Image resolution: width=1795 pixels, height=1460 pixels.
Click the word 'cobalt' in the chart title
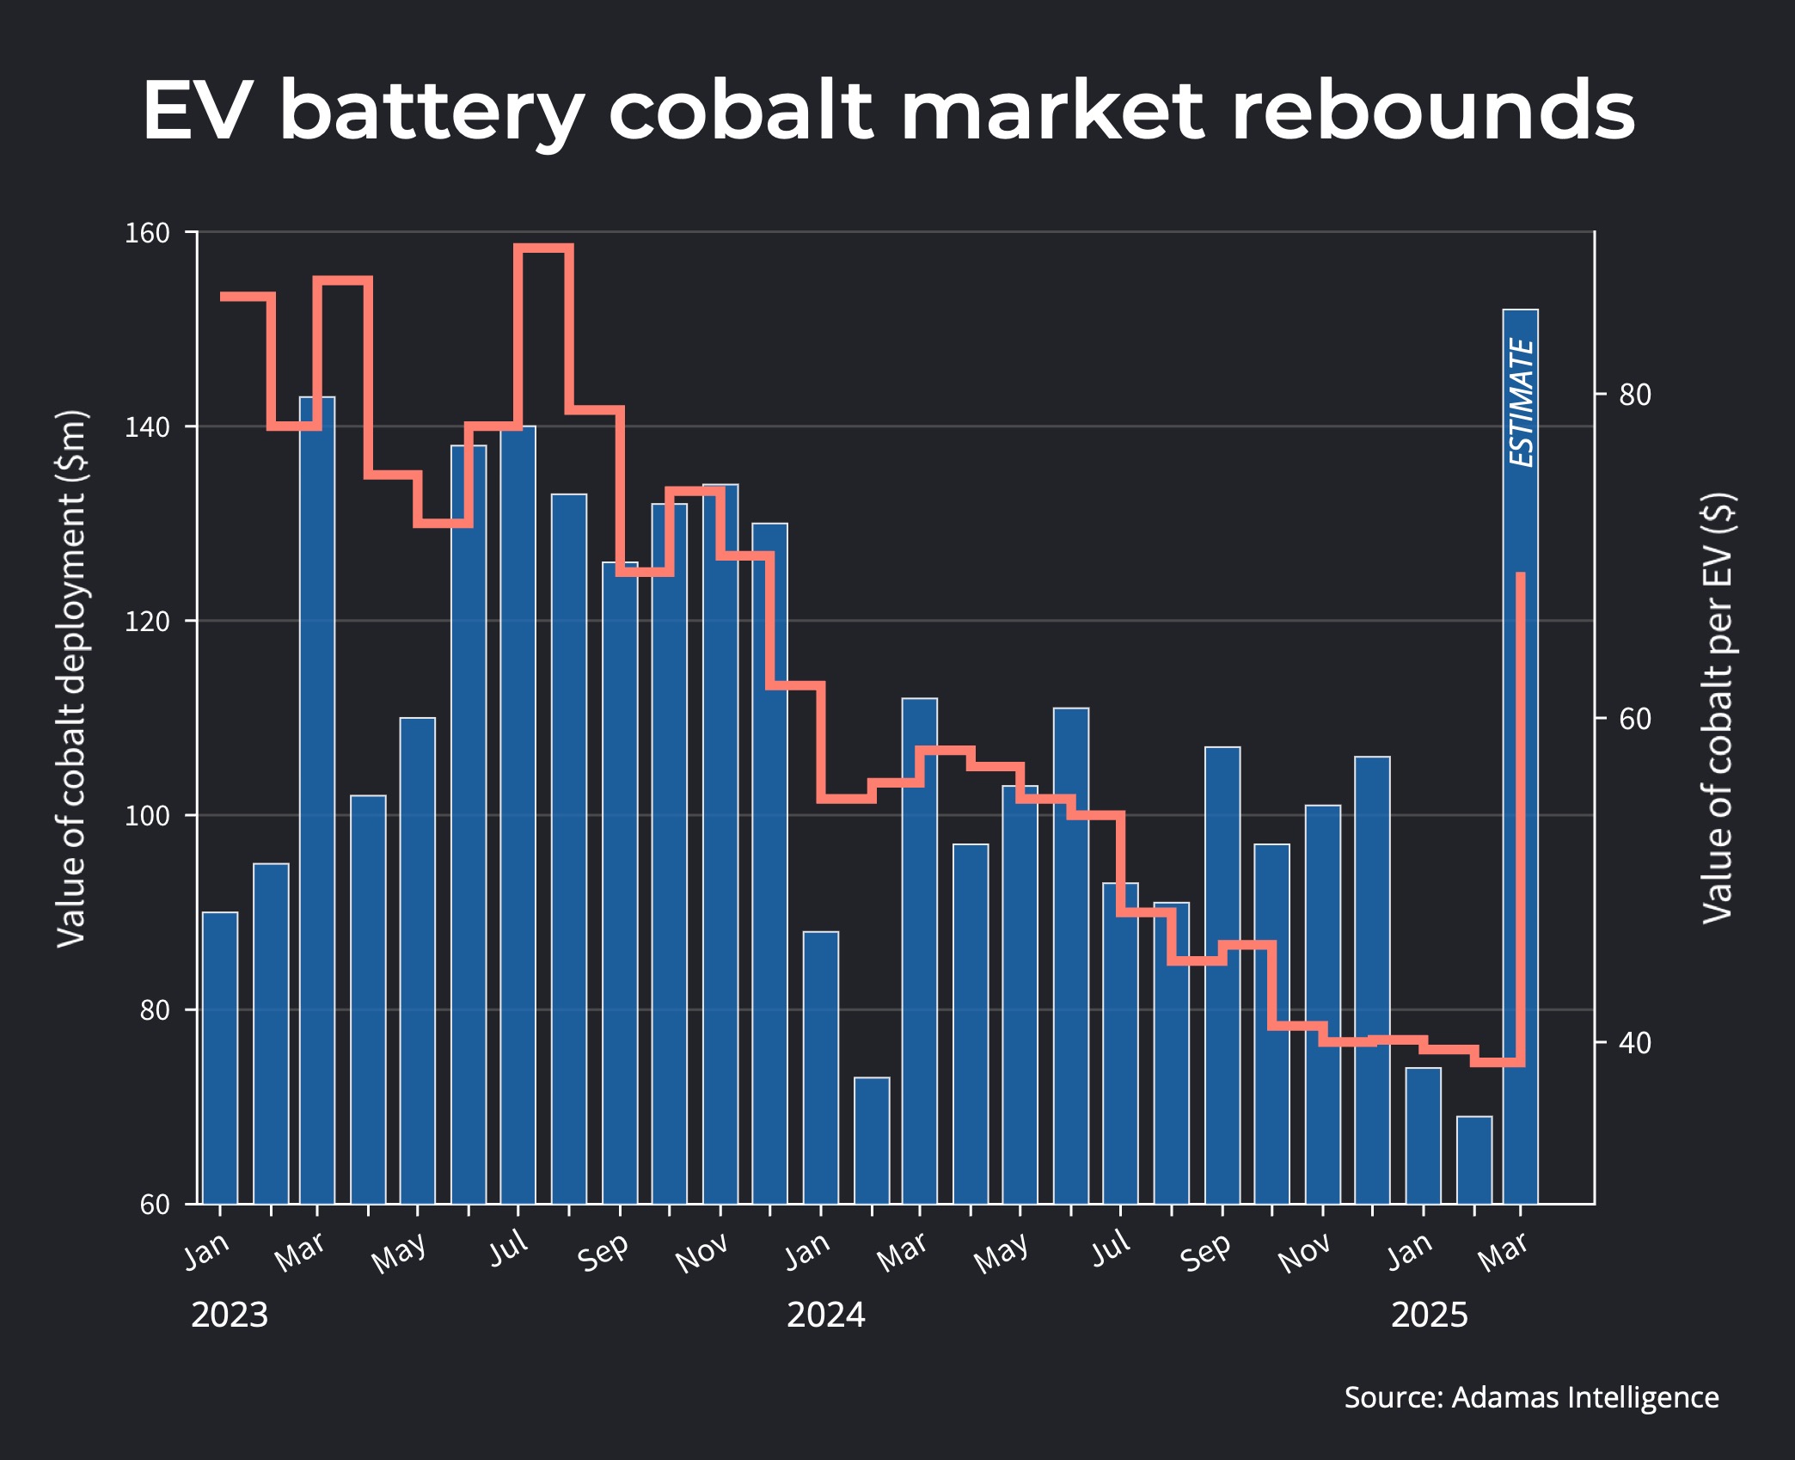tap(740, 112)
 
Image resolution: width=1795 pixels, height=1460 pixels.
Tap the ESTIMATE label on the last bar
tap(1522, 402)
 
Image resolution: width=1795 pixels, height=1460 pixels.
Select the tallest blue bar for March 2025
tap(1520, 774)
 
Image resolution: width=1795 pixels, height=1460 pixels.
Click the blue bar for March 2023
tap(317, 800)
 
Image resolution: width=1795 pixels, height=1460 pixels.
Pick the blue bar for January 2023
tap(220, 1058)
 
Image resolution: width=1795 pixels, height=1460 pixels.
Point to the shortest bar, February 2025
tap(1474, 1160)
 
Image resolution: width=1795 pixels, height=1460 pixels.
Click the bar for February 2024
tap(872, 1140)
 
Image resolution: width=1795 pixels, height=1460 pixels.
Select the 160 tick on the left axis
tap(147, 233)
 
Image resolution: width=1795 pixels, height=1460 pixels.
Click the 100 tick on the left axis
tap(147, 815)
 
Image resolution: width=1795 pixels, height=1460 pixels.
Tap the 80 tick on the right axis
tap(1634, 395)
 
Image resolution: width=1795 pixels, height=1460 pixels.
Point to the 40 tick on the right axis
tap(1634, 1043)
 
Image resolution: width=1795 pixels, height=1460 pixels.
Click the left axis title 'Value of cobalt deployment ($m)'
tap(71, 679)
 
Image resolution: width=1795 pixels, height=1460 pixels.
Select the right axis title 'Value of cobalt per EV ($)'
tap(1718, 707)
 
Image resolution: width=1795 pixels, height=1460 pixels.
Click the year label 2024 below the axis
tap(825, 1315)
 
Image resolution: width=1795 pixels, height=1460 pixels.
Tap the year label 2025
tap(1429, 1315)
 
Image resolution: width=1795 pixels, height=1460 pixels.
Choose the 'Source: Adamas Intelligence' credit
tap(1531, 1397)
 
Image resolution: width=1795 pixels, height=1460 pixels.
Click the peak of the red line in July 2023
tap(543, 248)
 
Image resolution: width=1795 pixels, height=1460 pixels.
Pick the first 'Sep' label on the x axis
tap(603, 1253)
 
